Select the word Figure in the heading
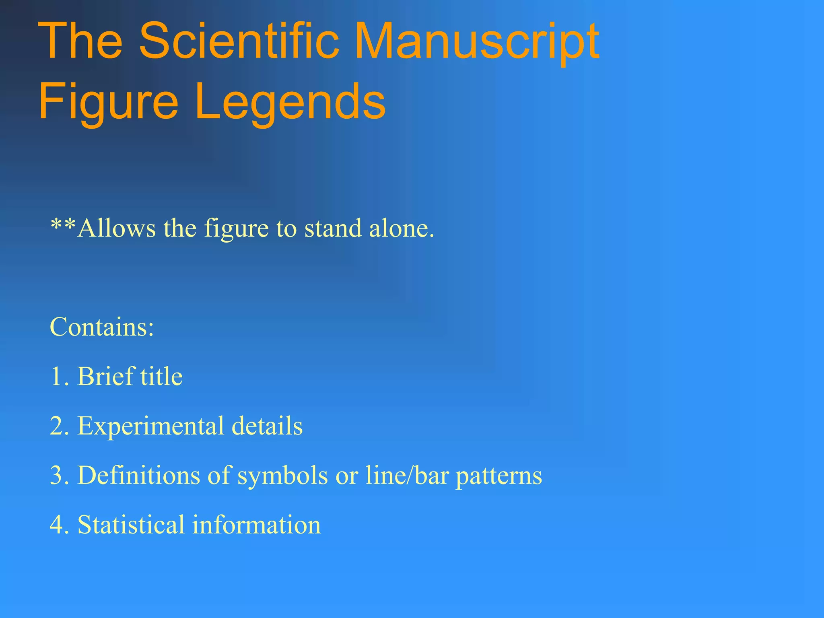point(108,103)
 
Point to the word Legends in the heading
point(290,103)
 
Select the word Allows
point(117,228)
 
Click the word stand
point(333,228)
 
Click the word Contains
point(102,327)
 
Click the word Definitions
point(138,476)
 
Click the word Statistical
point(131,525)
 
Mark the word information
point(256,525)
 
